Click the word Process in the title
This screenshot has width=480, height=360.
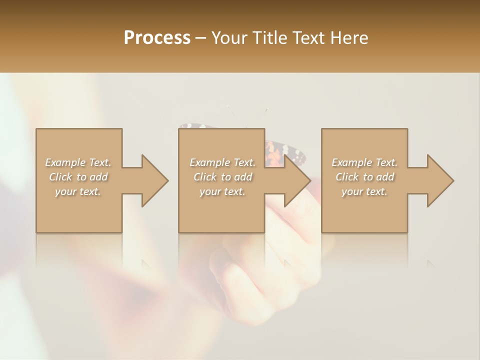[157, 38]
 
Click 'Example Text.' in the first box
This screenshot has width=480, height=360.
[78, 162]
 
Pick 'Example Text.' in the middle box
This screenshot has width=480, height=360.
[222, 162]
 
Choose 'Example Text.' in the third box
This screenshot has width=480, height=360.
[364, 162]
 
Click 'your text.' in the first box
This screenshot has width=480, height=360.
[78, 191]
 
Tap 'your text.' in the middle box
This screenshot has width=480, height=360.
[222, 191]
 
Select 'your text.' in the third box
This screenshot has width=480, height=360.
[364, 191]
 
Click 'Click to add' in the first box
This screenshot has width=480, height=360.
[78, 177]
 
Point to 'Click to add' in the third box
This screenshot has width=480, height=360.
[364, 177]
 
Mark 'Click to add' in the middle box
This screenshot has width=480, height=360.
[222, 177]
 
